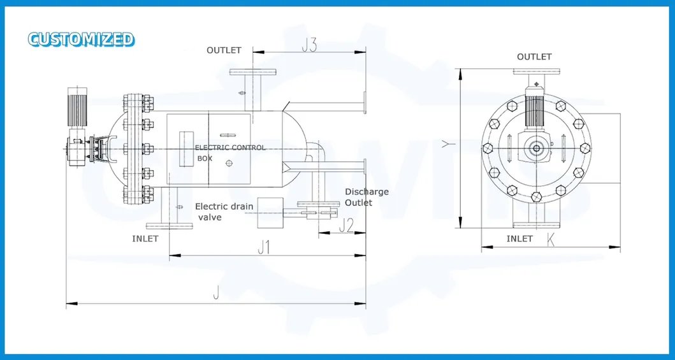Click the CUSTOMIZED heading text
pyautogui.click(x=82, y=39)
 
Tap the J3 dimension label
pyautogui.click(x=309, y=46)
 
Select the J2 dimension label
pyautogui.click(x=346, y=226)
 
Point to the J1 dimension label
pyautogui.click(x=263, y=247)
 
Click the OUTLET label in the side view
pyautogui.click(x=224, y=50)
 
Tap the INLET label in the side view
pyautogui.click(x=145, y=239)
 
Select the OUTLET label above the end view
pyautogui.click(x=534, y=57)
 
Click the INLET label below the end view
pyautogui.click(x=519, y=239)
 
